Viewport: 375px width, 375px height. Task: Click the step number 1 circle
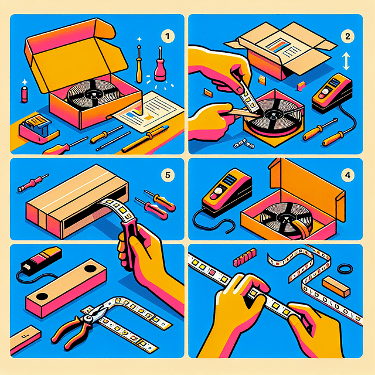[x=168, y=36]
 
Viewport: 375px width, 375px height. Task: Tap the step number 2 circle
[x=347, y=36]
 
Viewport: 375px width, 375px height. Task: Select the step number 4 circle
[x=347, y=175]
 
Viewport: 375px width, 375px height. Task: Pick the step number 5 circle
[x=168, y=175]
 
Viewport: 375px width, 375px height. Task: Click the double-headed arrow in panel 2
[x=346, y=62]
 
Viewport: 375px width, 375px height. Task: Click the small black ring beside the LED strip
[x=345, y=269]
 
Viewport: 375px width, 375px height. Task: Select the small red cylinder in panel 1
[x=25, y=95]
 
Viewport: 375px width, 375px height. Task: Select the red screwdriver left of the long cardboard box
[x=33, y=183]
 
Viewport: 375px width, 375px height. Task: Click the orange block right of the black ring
[x=336, y=287]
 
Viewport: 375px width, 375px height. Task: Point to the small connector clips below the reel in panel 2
[x=244, y=143]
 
